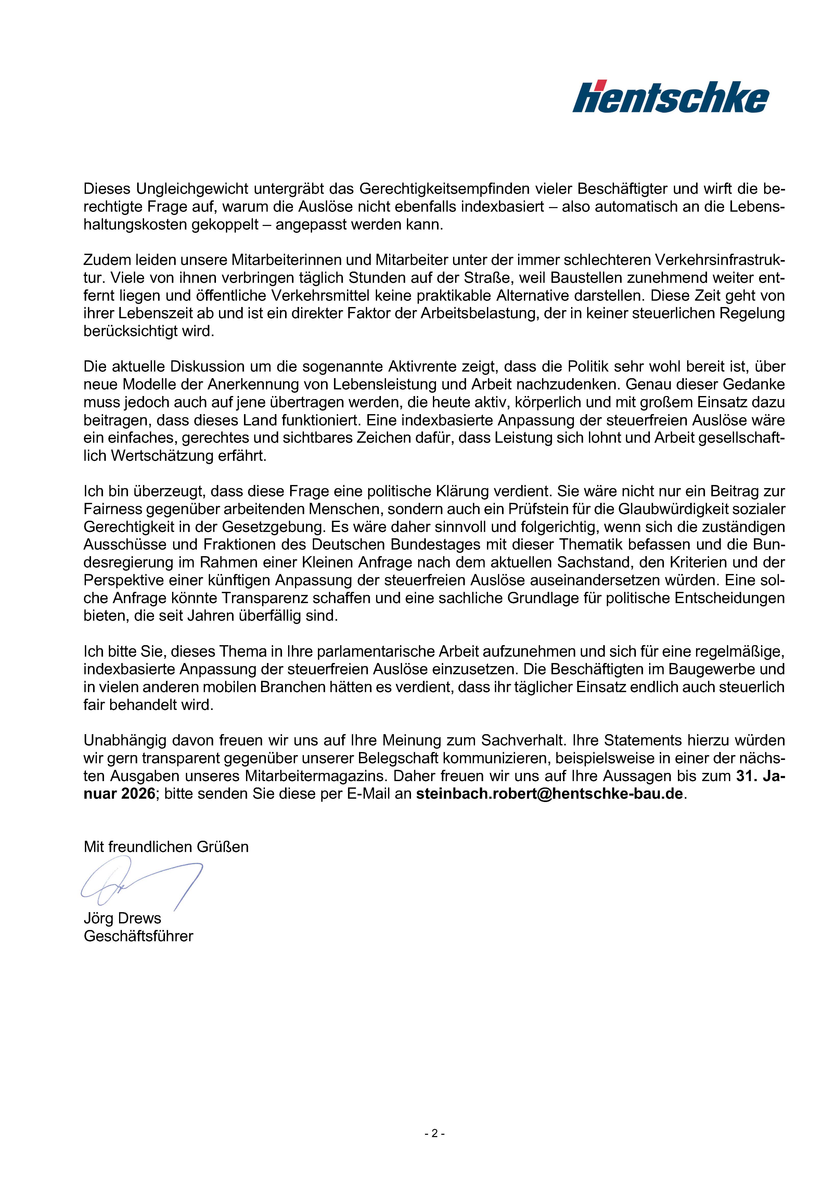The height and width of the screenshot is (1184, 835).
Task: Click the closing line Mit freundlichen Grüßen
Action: pyautogui.click(x=166, y=847)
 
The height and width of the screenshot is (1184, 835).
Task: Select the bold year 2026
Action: pyautogui.click(x=138, y=794)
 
